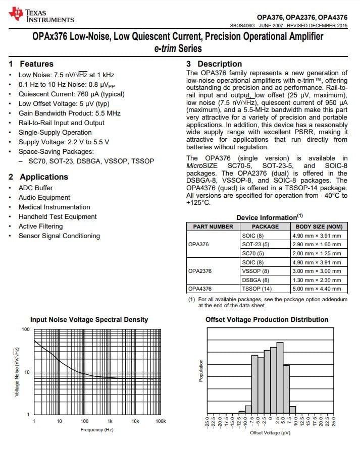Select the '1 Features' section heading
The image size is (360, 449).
(31, 64)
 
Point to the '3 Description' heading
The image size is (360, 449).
(214, 64)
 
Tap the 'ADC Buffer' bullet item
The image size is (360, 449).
(36, 188)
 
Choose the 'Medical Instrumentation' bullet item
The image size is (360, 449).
(55, 207)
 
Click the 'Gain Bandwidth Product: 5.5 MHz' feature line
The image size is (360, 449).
(70, 113)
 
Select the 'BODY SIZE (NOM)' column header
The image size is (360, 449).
(319, 227)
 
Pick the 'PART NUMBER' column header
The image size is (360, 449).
(213, 227)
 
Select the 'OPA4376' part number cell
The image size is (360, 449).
(200, 289)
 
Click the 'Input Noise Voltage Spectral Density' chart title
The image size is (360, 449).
(89, 319)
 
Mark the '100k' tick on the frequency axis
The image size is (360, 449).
(160, 421)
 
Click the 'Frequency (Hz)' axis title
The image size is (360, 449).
(97, 429)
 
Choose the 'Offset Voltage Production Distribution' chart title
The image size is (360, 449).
(267, 319)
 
